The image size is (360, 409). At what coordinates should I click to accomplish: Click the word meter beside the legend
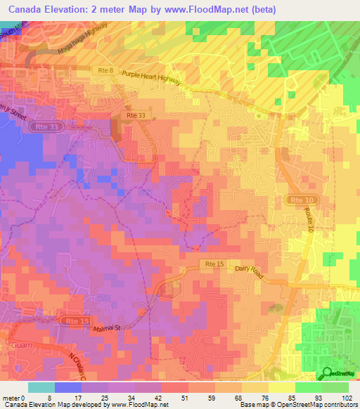(x=11, y=397)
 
